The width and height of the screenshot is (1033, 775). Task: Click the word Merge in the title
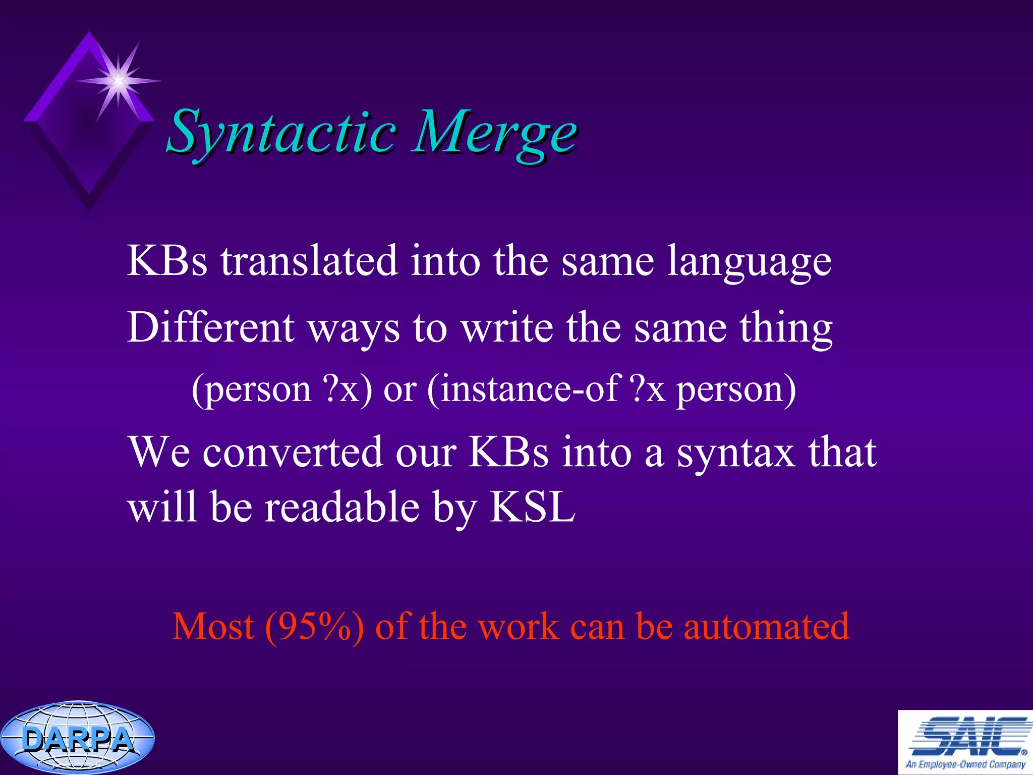pos(493,132)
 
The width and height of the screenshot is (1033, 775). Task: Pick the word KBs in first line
pos(167,261)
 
